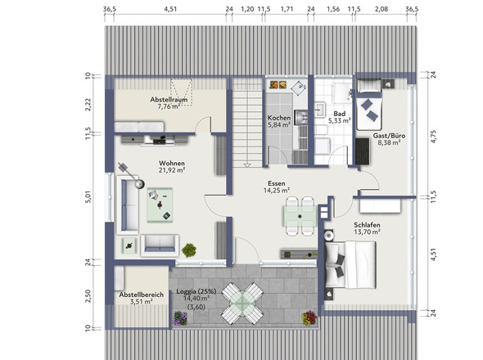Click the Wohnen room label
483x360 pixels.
coord(172,163)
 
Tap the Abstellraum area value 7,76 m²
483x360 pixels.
coord(169,107)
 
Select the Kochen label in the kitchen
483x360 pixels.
coord(279,118)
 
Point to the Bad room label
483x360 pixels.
coord(340,114)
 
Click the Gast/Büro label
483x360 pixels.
coord(389,136)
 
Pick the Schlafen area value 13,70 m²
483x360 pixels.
coord(367,232)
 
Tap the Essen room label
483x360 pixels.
coord(277,183)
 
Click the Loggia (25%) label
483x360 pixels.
coord(196,291)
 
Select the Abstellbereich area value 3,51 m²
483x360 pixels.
coord(142,301)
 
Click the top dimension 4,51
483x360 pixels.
coord(170,9)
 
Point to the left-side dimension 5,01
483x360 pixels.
coord(88,197)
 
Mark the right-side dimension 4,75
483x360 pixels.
coord(434,137)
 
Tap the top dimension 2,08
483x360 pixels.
coord(381,9)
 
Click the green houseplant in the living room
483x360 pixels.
coord(189,250)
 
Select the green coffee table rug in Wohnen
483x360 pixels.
coord(160,205)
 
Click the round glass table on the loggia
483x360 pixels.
coord(243,303)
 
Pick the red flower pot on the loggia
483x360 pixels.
coord(309,318)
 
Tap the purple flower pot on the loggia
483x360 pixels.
coord(180,318)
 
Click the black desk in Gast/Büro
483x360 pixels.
coord(362,151)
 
